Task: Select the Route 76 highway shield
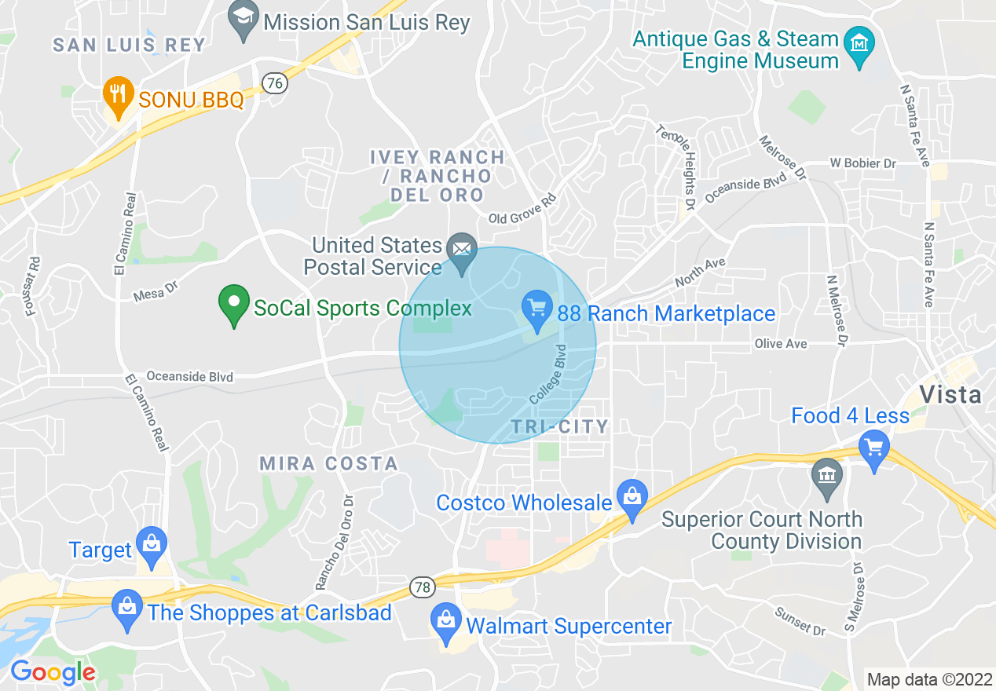tap(274, 82)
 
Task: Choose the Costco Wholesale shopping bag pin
tap(631, 497)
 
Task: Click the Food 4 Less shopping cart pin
tap(873, 450)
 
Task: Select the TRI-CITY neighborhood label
tap(559, 426)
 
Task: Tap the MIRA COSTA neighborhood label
tap(328, 463)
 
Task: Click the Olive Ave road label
tap(781, 344)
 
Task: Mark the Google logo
tap(53, 672)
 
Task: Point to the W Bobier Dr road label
tap(862, 163)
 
